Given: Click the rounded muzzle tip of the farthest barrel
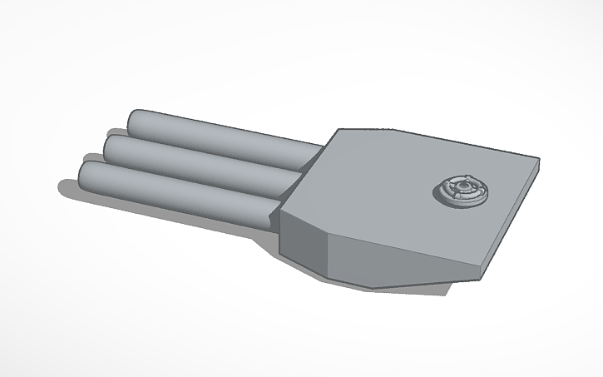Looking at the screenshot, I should click(136, 122).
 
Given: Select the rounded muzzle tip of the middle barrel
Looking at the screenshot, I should click(113, 147).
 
